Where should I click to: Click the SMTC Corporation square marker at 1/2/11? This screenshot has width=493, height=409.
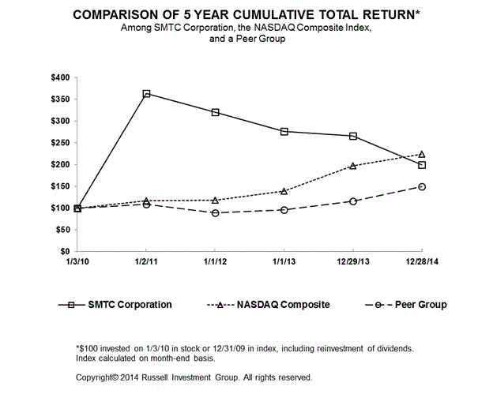coord(146,94)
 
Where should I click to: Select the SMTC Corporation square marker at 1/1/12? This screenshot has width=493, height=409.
coord(215,112)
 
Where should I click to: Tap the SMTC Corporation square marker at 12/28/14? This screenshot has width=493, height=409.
coord(422,165)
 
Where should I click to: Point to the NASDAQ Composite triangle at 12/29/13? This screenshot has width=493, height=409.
coord(352,166)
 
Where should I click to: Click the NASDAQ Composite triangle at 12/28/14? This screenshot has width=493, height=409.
coord(422,154)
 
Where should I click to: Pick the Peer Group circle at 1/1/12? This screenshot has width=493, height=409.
coord(215,213)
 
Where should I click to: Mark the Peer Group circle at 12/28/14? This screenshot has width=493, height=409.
coord(422,186)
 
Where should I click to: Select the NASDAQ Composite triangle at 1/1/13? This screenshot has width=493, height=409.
coord(284,191)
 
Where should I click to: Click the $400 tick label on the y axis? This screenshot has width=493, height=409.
coord(60,77)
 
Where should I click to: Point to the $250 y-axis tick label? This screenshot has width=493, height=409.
coord(60,142)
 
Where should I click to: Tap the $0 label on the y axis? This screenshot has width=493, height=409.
coord(65,251)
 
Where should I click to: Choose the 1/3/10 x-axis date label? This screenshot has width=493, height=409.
coord(77,261)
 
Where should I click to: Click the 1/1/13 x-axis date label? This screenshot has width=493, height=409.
coord(284,261)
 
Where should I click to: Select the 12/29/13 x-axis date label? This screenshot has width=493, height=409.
coord(352,261)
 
